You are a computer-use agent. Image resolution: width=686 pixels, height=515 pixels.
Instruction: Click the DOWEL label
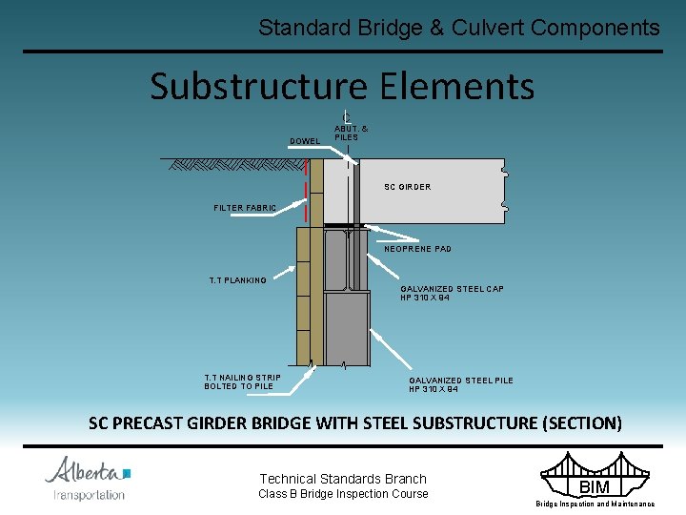[305, 141]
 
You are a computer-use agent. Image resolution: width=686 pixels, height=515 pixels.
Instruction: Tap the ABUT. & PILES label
[351, 133]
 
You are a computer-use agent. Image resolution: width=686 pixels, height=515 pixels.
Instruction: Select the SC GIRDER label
[407, 187]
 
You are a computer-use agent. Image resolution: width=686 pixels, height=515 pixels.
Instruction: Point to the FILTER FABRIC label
[245, 208]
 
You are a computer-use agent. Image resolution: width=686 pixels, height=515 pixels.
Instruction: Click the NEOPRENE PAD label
[417, 249]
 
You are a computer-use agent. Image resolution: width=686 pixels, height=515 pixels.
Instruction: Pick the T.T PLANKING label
[237, 280]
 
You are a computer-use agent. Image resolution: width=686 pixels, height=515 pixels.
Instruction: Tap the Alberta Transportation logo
[89, 478]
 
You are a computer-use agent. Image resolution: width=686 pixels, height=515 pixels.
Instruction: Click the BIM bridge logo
[594, 474]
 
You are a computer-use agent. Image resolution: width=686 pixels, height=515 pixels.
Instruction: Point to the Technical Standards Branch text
[343, 479]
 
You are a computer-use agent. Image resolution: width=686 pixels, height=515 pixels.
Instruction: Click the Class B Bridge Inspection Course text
[343, 494]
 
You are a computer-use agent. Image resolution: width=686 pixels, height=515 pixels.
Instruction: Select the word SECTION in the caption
[583, 422]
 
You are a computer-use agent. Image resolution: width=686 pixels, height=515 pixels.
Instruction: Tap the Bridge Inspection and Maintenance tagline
[595, 504]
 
